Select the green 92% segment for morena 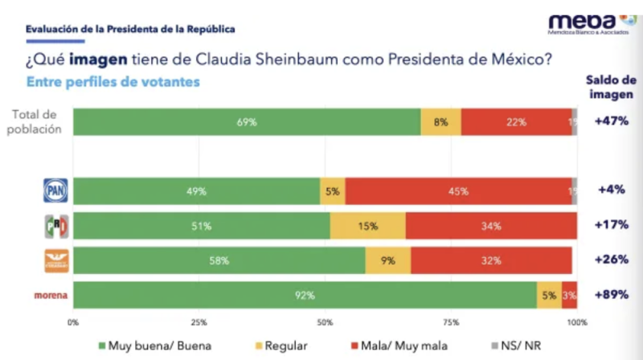coord(305,295)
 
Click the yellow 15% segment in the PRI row coord(367,226)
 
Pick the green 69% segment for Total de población coord(247,122)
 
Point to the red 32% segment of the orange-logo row coord(491,260)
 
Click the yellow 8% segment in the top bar coord(440,122)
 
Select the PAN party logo coord(55,190)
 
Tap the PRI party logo coord(55,226)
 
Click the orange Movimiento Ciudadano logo coord(55,260)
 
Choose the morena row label coord(50,296)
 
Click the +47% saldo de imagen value coord(612,121)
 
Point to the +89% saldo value coord(612,296)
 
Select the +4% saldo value coord(612,190)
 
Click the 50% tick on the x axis coord(325,322)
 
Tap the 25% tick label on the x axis coord(199,322)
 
